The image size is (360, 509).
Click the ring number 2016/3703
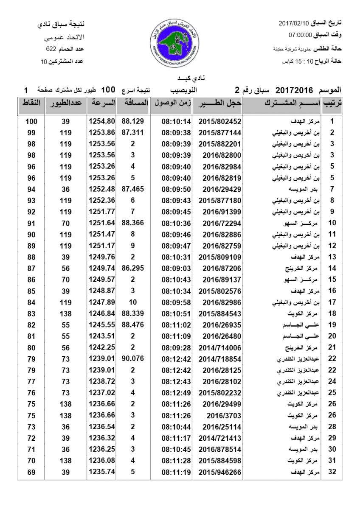pyautogui.click(x=219, y=415)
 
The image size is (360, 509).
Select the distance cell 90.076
pyautogui.click(x=132, y=358)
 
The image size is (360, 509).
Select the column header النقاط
pyautogui.click(x=31, y=103)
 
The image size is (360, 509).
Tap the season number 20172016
pyautogui.click(x=294, y=90)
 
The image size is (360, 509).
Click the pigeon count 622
pyautogui.click(x=52, y=50)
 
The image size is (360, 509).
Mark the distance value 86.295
pyautogui.click(x=132, y=268)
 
